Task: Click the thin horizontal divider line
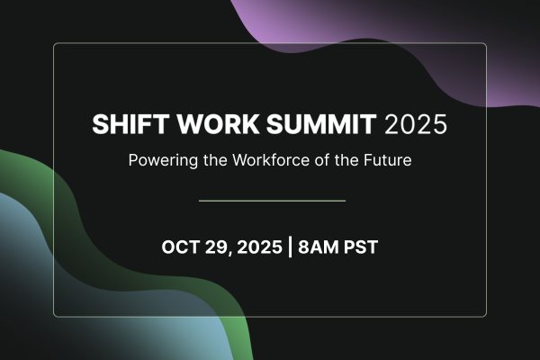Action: pos(271,201)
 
